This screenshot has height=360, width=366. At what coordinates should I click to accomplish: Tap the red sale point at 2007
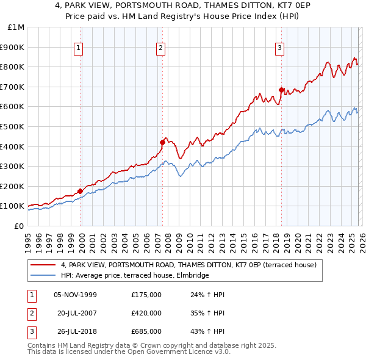(162, 143)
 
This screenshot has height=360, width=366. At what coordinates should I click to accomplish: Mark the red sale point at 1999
(80, 191)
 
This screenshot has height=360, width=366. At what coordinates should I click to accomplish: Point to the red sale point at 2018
(281, 90)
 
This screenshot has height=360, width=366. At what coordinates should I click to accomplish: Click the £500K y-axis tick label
(12, 126)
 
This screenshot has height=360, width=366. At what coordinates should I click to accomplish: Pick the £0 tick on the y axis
(18, 226)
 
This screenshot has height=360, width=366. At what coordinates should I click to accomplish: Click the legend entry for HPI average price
(135, 276)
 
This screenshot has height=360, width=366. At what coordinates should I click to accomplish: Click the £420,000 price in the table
(146, 312)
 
